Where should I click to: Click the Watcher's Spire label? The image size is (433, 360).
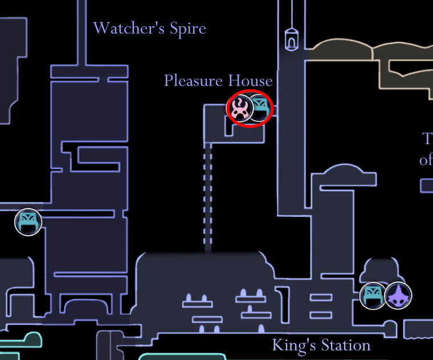[149, 28]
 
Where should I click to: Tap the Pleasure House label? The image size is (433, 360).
[218, 80]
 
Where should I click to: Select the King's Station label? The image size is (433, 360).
[321, 345]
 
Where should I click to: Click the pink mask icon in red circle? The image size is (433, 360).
[240, 108]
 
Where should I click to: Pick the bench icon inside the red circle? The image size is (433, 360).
[260, 108]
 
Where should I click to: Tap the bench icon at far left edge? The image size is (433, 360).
[28, 222]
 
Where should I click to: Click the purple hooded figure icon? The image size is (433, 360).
[398, 296]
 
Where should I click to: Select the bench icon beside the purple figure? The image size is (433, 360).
[373, 296]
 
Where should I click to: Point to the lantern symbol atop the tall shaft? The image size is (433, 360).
[291, 39]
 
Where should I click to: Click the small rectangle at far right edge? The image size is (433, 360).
[427, 186]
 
